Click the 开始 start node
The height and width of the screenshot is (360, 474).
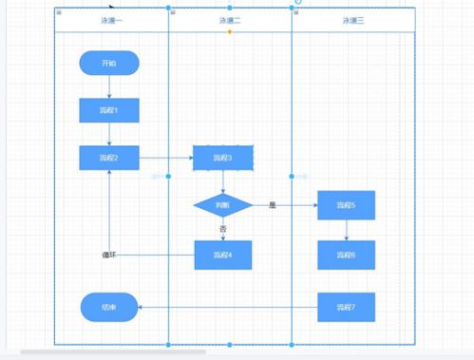[x=109, y=64]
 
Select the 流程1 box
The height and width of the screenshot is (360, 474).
[x=109, y=111]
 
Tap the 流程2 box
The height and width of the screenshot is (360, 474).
[x=109, y=157]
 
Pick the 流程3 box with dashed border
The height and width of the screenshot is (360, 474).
[x=223, y=158]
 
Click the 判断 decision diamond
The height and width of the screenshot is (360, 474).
[x=222, y=204]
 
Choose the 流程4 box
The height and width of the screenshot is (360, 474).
[x=223, y=255]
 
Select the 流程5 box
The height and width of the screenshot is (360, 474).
[x=346, y=204]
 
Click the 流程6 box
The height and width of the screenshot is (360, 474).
[x=346, y=255]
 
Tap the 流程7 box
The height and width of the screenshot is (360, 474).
[x=346, y=307]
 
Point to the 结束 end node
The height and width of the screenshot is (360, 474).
[x=109, y=307]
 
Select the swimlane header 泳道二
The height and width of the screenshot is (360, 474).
[x=230, y=20]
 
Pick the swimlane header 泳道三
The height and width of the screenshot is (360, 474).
[x=353, y=20]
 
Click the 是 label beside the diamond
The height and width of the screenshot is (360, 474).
[x=272, y=204]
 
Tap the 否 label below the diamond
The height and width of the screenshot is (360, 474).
[x=223, y=229]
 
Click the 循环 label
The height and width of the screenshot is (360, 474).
[x=109, y=255]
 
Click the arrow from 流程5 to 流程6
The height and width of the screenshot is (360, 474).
[x=346, y=230]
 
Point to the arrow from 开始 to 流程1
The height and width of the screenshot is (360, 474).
[x=109, y=86]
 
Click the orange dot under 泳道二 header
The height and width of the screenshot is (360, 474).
[x=230, y=31]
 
